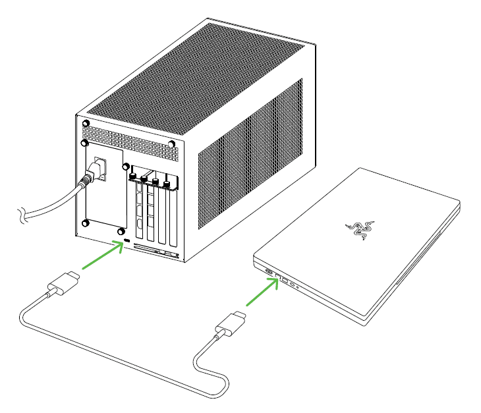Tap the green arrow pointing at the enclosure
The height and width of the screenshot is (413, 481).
[x=99, y=256]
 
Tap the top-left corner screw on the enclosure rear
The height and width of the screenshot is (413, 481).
[x=86, y=124]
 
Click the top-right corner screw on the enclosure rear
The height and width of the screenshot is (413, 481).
[x=171, y=143]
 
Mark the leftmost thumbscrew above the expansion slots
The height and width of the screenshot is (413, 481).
[x=134, y=177]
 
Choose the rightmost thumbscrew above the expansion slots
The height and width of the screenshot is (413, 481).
[x=167, y=185]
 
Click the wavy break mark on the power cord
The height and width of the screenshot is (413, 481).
[x=22, y=212]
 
